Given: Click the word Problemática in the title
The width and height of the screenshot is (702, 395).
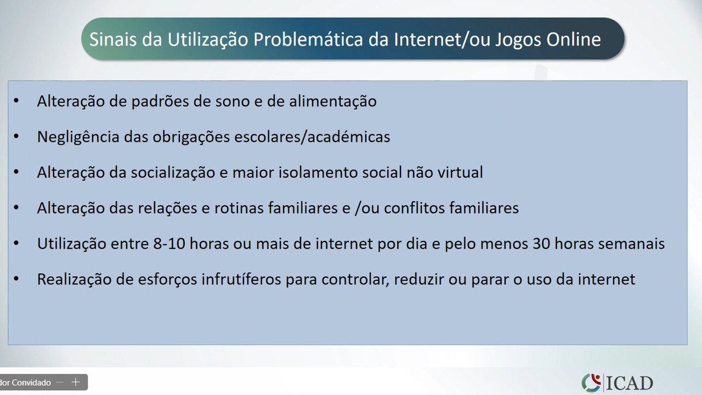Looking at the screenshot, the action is click(x=308, y=39).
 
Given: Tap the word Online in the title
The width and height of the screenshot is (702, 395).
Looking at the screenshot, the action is click(x=574, y=39).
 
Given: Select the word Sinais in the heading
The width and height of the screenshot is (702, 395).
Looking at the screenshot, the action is click(x=113, y=39).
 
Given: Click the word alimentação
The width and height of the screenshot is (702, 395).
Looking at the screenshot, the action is click(x=332, y=101).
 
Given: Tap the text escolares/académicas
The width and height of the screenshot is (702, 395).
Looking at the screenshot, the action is click(x=312, y=137).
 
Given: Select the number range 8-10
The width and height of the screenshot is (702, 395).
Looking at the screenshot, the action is click(x=169, y=244).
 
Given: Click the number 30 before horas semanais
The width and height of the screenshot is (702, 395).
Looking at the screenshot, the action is click(x=541, y=244).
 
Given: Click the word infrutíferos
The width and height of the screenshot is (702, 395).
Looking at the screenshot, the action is click(x=241, y=279).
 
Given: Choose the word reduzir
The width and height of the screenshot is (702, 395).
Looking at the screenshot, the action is click(x=418, y=279).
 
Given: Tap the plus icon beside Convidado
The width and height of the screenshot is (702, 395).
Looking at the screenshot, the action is click(x=76, y=382).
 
